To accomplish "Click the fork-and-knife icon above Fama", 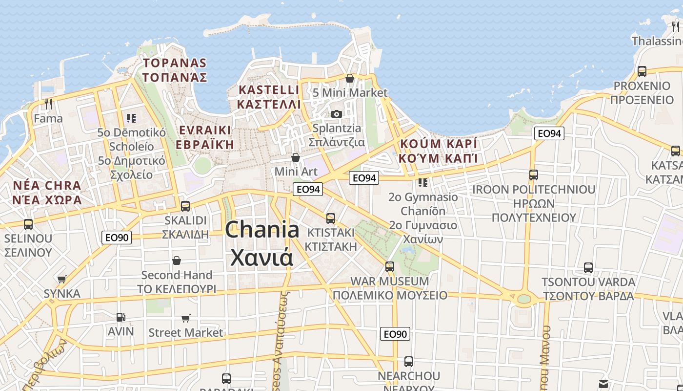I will [48, 104].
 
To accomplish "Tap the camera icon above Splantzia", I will [336, 114].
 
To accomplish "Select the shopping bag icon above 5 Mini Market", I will [350, 78].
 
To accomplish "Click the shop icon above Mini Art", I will [296, 157].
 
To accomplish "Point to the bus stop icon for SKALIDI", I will [185, 206].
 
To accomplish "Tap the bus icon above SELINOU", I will [28, 224].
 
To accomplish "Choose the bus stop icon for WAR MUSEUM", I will [390, 267].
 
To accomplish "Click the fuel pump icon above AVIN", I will [121, 317].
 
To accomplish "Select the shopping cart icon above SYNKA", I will [62, 280].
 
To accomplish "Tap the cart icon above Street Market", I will [186, 319].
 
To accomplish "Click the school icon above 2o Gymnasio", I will [423, 183].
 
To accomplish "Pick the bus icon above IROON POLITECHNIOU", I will [534, 175].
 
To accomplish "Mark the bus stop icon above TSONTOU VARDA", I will [588, 268].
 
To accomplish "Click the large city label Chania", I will [262, 229].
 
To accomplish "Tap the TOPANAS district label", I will [175, 63].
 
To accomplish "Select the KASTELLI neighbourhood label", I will [269, 90].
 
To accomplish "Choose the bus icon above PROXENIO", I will [642, 71].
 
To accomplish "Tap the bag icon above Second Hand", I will [177, 261].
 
